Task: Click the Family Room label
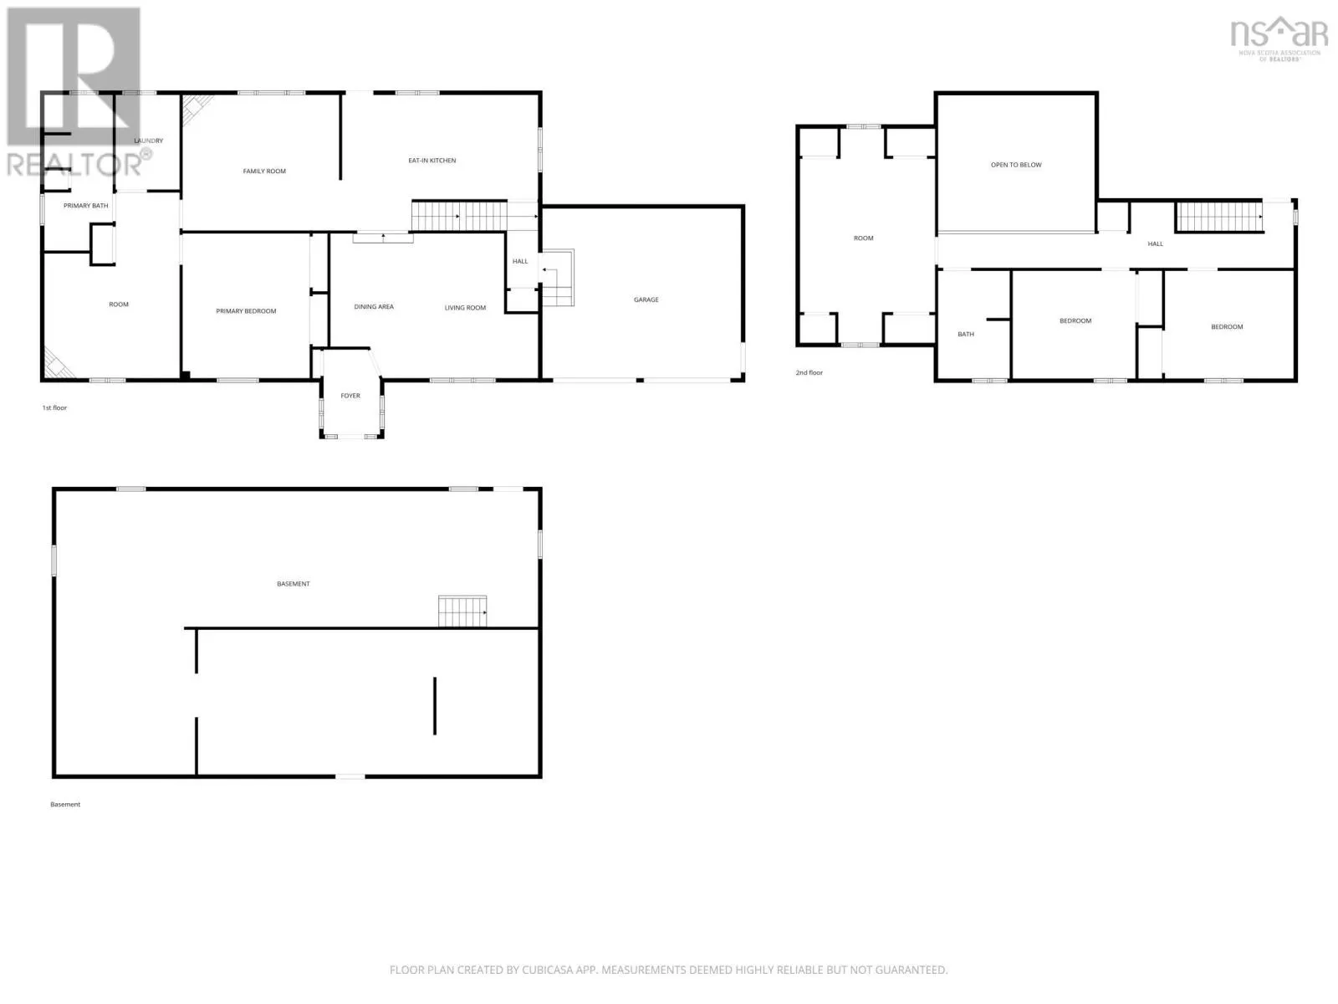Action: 264,172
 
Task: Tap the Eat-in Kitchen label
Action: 432,161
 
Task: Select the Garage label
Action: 646,300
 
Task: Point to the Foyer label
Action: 350,396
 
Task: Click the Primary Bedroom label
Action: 246,311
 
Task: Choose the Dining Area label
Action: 374,306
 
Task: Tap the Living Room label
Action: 465,308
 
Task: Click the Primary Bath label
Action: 85,206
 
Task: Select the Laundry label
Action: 148,141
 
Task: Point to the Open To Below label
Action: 1015,165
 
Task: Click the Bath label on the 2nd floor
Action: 966,334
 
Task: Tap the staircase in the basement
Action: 462,612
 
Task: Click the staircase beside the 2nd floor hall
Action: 1218,217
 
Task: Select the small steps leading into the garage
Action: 558,278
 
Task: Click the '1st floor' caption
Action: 54,407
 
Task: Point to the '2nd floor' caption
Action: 809,372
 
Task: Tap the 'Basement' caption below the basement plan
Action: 65,805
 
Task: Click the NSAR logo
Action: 1279,38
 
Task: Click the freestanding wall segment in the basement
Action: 435,706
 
